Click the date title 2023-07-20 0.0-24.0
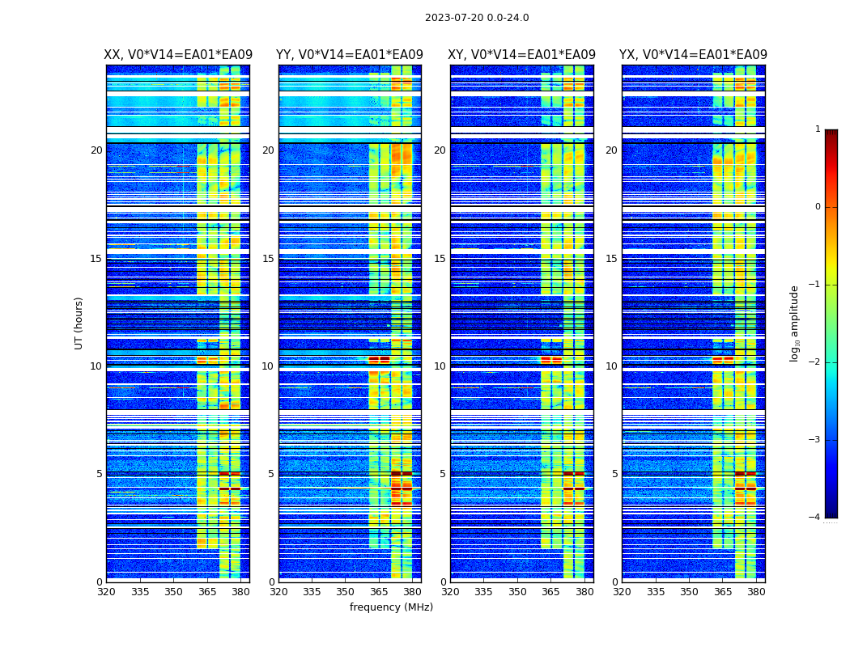[x=477, y=18]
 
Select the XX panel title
[x=178, y=55]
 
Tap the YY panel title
[x=350, y=55]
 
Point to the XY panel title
[x=522, y=55]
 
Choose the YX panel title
[x=693, y=55]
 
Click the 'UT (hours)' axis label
[x=79, y=323]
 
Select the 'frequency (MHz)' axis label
[x=391, y=607]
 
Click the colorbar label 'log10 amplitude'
[x=795, y=323]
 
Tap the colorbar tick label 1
[x=817, y=129]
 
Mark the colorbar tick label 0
[x=817, y=207]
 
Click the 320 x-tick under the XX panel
[x=107, y=591]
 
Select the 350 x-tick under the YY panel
[x=346, y=591]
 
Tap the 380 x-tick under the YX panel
[x=756, y=591]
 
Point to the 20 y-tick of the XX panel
[x=96, y=150]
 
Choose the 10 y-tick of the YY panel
[x=268, y=366]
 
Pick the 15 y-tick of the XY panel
[x=440, y=259]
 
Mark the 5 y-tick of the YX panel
[x=614, y=474]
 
